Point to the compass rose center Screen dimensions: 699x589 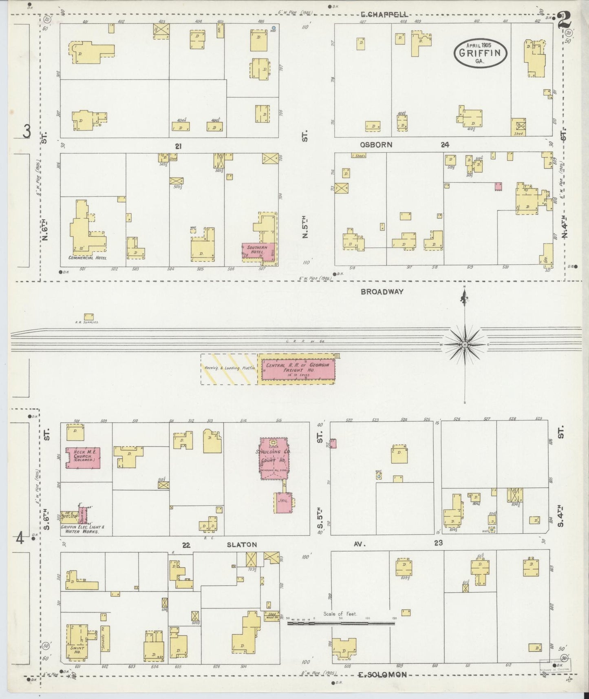coord(465,345)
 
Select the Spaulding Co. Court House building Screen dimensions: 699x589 coord(274,459)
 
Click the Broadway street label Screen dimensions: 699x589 coord(382,292)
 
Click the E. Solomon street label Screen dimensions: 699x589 coord(382,675)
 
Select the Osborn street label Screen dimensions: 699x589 coord(376,145)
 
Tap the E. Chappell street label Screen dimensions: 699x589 coord(384,15)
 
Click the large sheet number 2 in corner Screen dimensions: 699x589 coord(564,19)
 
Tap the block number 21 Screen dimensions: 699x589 coord(178,146)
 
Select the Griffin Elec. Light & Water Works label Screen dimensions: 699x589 coord(83,529)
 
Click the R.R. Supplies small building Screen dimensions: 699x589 coord(88,316)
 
